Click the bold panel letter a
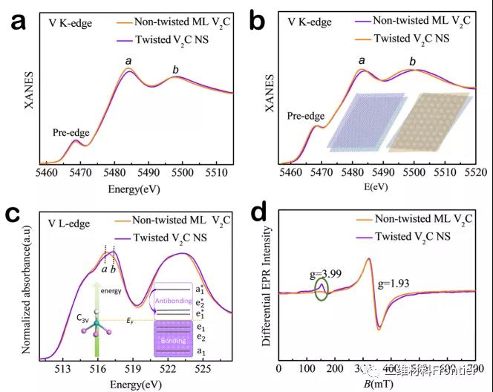tap(18, 22)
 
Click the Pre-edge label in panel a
tap(71, 133)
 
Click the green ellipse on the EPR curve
tap(321, 289)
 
